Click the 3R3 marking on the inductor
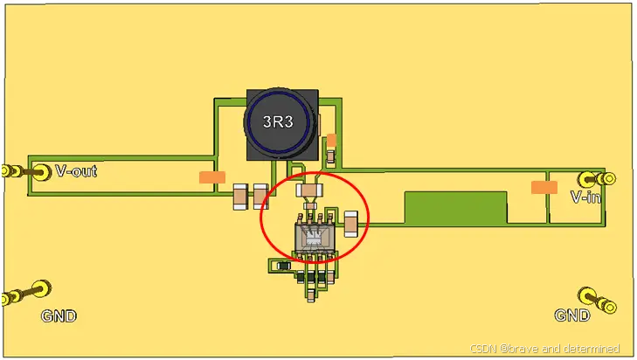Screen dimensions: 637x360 (x=278, y=121)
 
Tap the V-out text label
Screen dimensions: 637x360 (x=76, y=171)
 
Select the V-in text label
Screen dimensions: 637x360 (x=585, y=197)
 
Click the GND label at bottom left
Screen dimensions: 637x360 (x=59, y=316)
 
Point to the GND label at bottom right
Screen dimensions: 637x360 (x=572, y=315)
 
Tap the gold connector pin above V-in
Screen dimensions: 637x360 (x=597, y=178)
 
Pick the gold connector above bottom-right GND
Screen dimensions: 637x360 (x=597, y=301)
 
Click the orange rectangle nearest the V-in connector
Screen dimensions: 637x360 (x=544, y=187)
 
